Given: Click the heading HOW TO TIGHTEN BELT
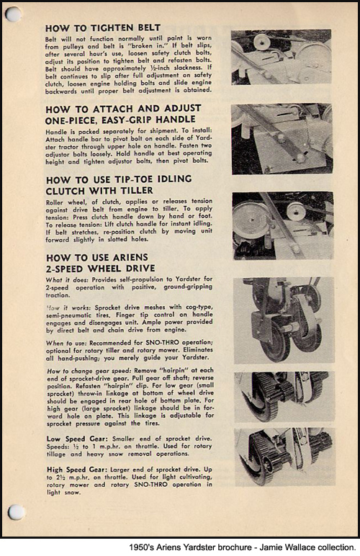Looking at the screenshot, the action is [103, 27].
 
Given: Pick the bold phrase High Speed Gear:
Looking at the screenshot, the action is [77, 470].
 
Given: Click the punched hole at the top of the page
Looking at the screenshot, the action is [14, 14].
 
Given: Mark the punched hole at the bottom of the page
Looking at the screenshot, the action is [17, 512].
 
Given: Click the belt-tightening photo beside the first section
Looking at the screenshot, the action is [281, 57].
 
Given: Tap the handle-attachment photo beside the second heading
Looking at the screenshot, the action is [282, 139].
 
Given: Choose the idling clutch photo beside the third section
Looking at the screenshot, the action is [283, 225].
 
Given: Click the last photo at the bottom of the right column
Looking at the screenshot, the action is [284, 457].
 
